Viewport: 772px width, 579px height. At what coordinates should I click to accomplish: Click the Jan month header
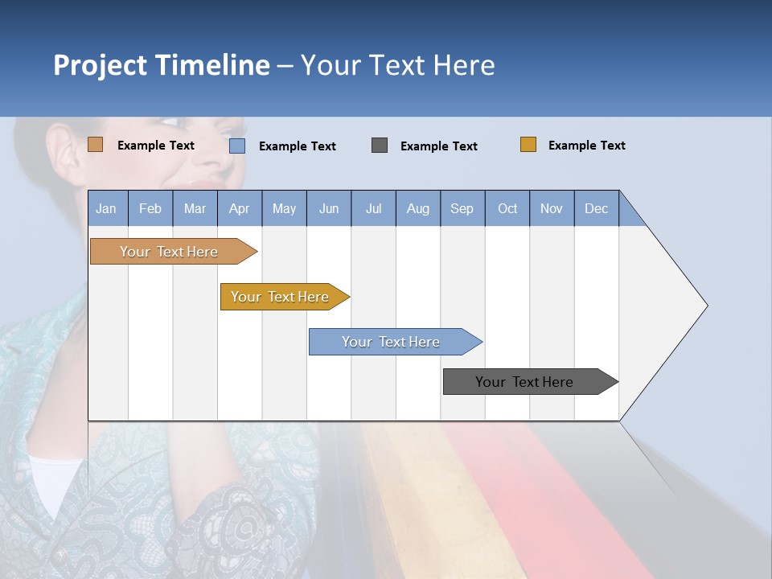click(107, 208)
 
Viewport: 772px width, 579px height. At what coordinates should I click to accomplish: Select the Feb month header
click(150, 208)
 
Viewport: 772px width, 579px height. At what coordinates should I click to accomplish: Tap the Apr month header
click(239, 208)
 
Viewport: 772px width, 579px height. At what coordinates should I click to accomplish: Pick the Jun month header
click(329, 208)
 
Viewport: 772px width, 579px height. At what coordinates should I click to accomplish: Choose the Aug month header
click(417, 208)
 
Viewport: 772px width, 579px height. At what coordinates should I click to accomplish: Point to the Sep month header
click(462, 208)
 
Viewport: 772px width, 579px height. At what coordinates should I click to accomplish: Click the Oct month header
click(507, 208)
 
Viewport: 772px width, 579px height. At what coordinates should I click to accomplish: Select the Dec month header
click(596, 208)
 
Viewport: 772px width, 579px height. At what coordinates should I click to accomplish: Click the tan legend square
click(96, 145)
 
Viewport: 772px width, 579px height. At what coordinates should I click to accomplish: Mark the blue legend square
click(237, 146)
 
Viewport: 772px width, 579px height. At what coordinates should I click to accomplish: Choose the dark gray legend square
click(380, 146)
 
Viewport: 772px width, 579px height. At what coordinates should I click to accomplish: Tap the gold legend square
click(528, 145)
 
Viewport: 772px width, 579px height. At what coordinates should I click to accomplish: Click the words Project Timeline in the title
click(162, 65)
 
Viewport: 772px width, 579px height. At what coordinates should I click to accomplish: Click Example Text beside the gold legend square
click(586, 146)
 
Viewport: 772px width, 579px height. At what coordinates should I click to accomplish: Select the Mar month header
click(195, 208)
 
